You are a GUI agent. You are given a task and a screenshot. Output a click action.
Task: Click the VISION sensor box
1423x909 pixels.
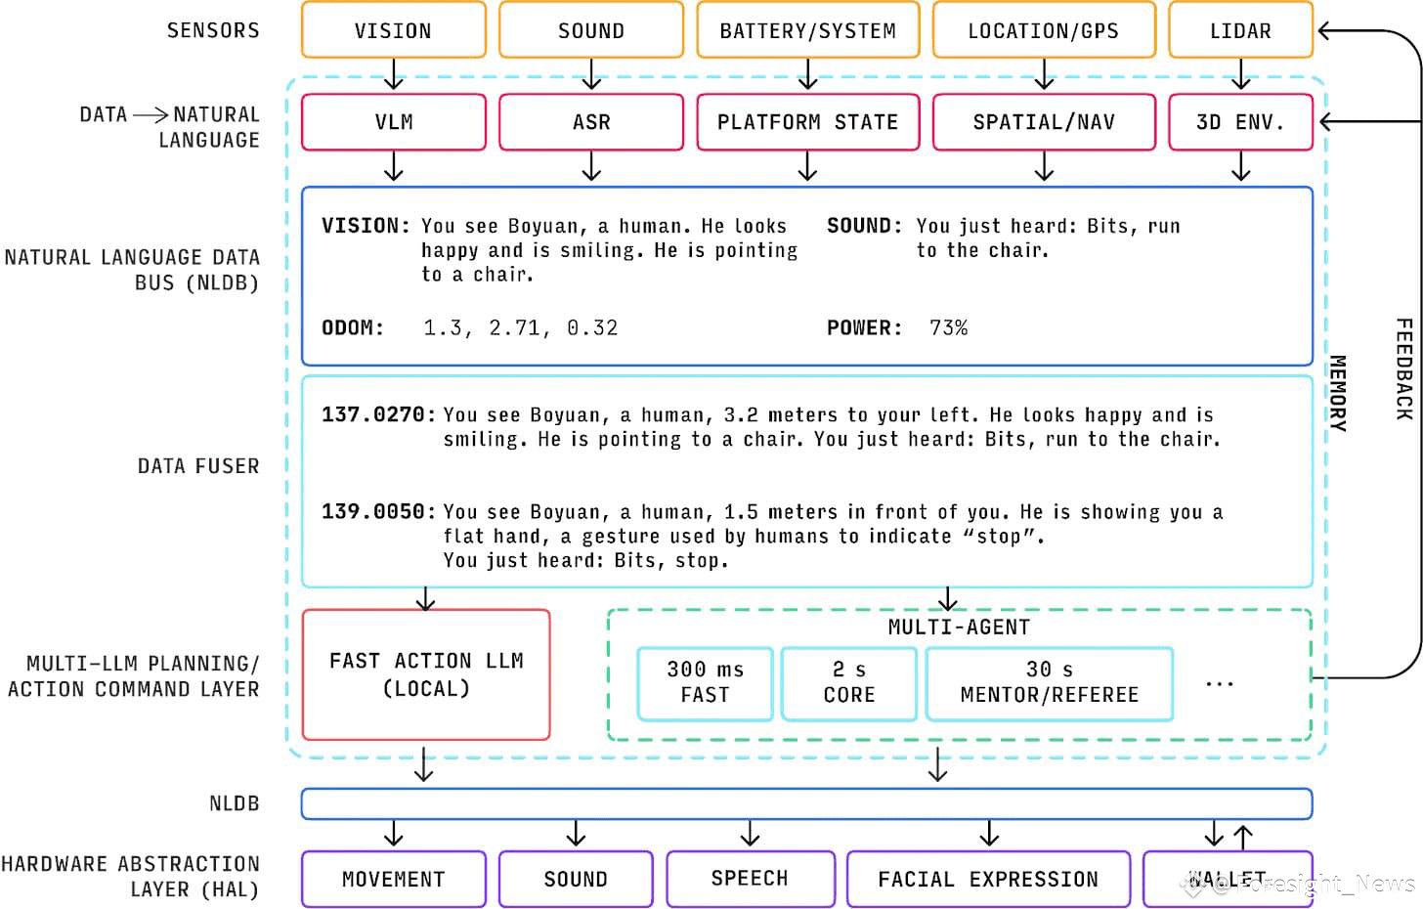pos(393,30)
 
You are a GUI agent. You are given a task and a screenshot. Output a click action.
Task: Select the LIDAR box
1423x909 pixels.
pos(1240,30)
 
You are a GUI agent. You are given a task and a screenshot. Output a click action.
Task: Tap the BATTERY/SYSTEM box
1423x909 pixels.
pos(807,30)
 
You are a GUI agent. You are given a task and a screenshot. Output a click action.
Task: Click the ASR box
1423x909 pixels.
pos(590,122)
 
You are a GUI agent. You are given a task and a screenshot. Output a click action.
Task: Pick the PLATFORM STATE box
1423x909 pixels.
pos(807,122)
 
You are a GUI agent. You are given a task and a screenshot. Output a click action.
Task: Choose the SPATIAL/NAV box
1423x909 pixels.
pos(1043,122)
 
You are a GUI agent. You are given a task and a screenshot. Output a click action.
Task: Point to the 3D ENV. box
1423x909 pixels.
pos(1240,122)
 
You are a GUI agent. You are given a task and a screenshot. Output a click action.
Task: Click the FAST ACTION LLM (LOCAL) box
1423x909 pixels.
pos(426,674)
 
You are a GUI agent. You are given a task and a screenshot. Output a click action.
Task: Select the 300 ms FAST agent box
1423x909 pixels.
pos(705,682)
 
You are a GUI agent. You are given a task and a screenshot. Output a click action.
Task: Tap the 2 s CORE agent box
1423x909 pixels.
pos(848,682)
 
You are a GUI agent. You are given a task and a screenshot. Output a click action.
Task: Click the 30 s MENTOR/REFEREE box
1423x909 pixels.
pos(1049,682)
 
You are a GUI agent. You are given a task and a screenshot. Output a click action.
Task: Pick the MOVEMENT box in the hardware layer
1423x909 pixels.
pos(393,879)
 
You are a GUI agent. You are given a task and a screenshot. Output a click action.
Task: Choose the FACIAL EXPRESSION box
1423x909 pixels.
pos(988,879)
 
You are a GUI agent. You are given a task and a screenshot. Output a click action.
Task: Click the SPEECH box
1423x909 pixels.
pos(750,878)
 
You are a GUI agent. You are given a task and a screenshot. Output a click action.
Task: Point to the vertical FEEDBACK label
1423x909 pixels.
pos(1403,368)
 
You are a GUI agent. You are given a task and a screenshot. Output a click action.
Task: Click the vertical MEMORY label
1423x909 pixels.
pos(1338,392)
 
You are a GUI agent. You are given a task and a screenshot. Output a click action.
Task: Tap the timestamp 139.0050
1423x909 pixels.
pos(373,511)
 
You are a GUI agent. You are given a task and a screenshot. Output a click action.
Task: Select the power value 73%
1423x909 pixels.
pos(948,327)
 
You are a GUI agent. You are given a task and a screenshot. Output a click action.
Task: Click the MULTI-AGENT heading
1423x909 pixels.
pos(959,627)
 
